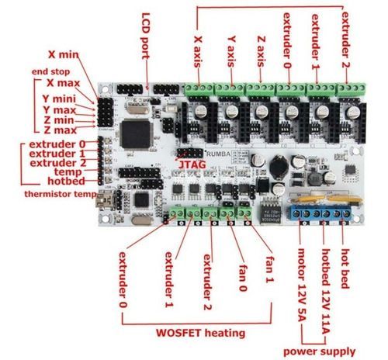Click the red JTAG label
point(192,164)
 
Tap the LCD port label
point(146,36)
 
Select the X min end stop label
point(64,54)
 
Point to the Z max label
point(61,130)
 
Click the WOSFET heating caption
point(200,333)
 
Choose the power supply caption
point(319,351)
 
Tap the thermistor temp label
point(61,194)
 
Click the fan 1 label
point(269,269)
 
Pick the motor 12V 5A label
point(302,285)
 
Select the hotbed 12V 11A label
point(325,291)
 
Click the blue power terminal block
point(320,213)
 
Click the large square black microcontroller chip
point(136,134)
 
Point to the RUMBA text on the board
point(219,154)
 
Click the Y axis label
point(231,52)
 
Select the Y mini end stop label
point(59,99)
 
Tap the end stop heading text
point(50,71)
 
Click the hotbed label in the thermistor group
point(66,181)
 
